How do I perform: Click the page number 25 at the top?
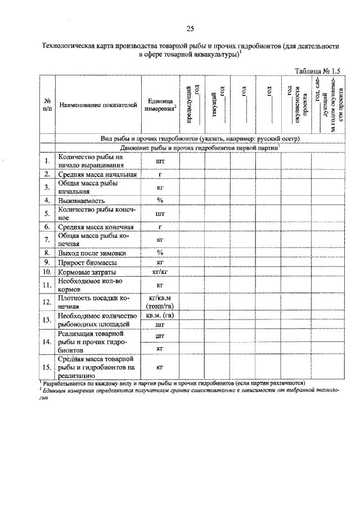190,29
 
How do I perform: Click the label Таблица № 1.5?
318,71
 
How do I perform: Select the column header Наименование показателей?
98,105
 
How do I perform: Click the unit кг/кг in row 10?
160,272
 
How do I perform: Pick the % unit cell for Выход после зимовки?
160,252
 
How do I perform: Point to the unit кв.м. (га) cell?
160,316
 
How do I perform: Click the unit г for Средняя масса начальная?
160,174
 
